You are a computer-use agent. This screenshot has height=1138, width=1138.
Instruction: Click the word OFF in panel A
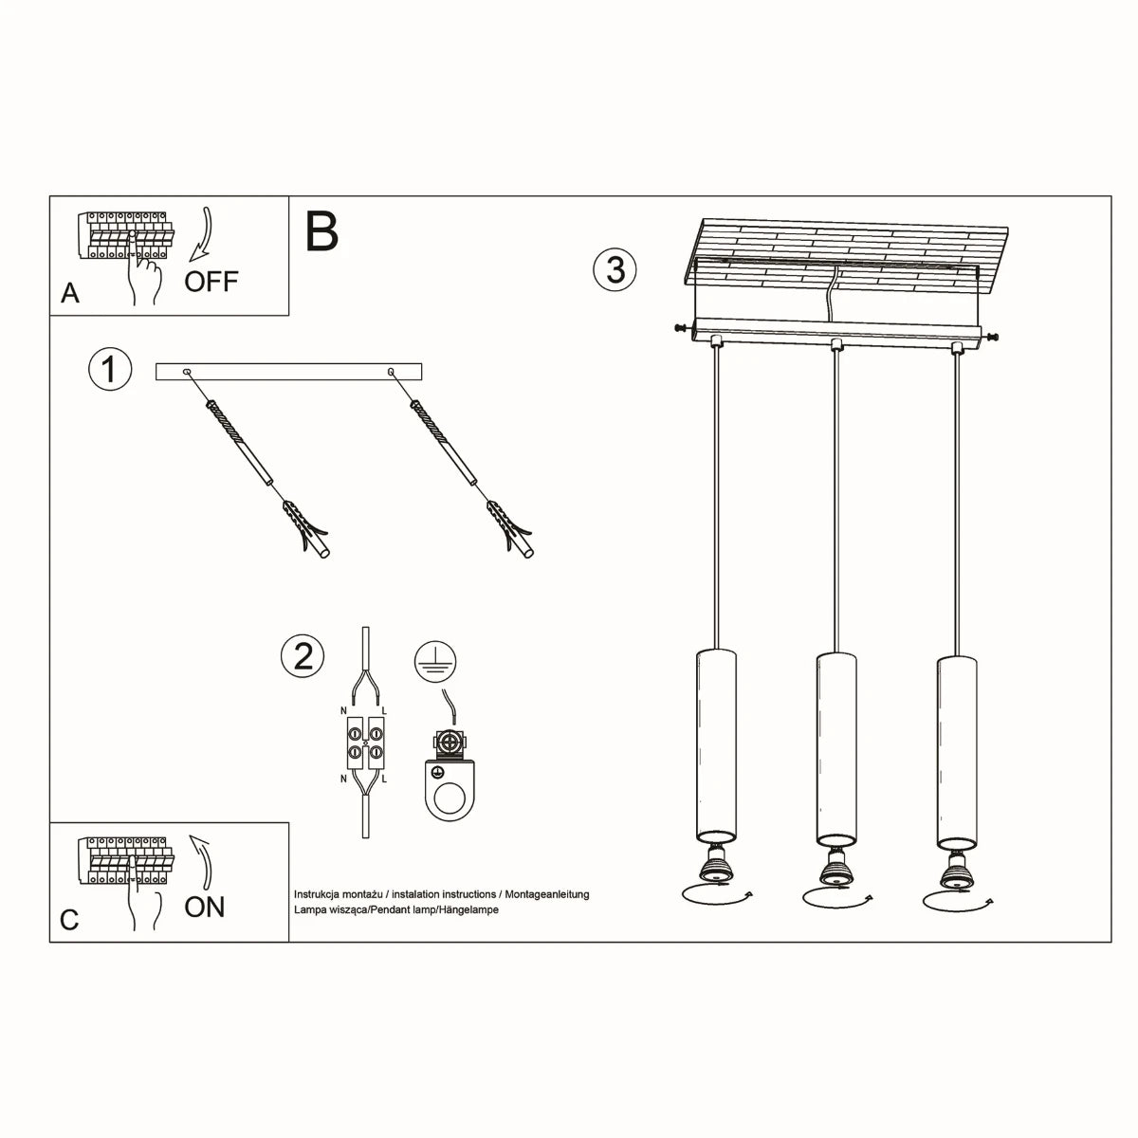click(211, 282)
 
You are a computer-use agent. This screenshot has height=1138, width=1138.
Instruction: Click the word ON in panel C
click(205, 907)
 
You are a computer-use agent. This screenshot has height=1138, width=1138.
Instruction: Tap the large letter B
click(322, 232)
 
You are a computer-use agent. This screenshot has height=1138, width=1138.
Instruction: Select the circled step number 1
click(109, 368)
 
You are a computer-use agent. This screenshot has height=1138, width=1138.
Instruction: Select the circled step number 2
click(303, 656)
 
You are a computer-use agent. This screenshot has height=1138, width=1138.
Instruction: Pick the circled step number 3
click(615, 269)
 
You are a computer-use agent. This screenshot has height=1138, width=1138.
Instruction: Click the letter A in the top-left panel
click(70, 294)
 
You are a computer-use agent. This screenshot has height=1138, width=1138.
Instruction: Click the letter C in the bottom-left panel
click(69, 920)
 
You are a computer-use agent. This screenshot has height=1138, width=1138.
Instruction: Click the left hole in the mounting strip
click(187, 372)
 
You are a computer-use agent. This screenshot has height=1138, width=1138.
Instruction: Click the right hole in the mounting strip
click(392, 372)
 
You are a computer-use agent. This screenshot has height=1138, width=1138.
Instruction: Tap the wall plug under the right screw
click(513, 532)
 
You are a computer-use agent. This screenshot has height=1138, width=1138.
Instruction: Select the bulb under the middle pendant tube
click(835, 865)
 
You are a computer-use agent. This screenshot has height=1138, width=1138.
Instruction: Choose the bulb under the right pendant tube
click(955, 865)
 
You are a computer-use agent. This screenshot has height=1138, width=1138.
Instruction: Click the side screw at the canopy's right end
click(992, 336)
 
